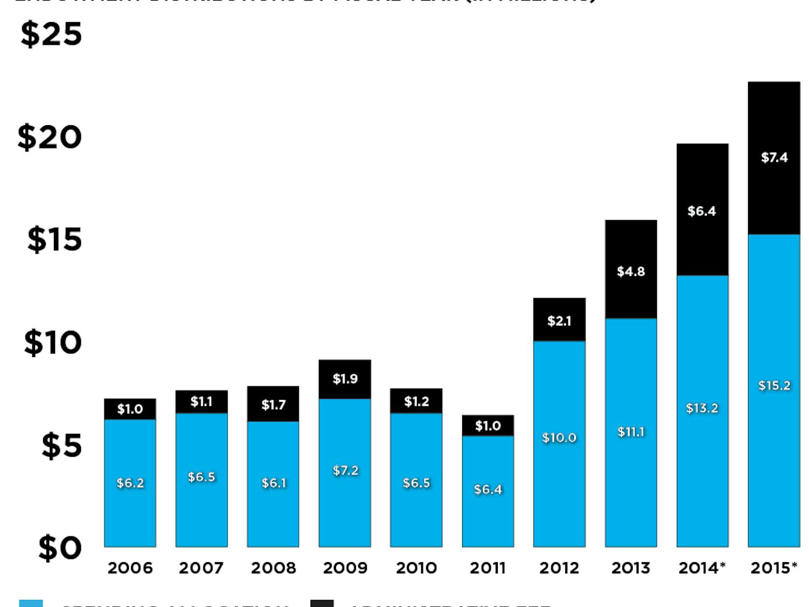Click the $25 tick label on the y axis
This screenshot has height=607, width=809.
[x=51, y=35]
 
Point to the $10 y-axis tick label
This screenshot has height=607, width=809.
[x=53, y=343]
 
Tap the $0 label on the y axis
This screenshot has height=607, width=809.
[x=59, y=548]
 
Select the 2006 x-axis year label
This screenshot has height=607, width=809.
[x=130, y=568]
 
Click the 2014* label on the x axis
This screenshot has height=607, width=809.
[x=702, y=568]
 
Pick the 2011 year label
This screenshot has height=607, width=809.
[x=488, y=568]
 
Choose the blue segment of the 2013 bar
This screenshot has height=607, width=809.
[x=631, y=486]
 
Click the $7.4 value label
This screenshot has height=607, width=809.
[x=774, y=158]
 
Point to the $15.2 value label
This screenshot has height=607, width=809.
[x=774, y=386]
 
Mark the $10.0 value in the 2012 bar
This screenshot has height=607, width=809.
[x=559, y=438]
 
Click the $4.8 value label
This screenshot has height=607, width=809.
[x=631, y=271]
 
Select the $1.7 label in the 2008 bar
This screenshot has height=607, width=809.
[x=273, y=405]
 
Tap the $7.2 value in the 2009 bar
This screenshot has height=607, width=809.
[x=345, y=470]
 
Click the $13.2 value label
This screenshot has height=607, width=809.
[x=702, y=408]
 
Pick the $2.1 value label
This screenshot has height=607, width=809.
[x=559, y=321]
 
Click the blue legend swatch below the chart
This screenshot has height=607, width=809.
[x=31, y=603]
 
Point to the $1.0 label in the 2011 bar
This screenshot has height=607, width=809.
[x=488, y=426]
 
